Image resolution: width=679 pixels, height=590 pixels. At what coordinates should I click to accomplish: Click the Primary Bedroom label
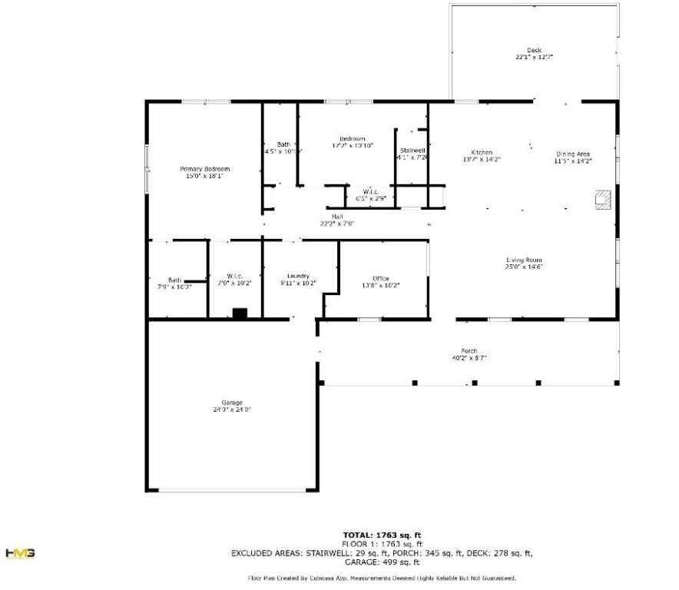click(x=204, y=169)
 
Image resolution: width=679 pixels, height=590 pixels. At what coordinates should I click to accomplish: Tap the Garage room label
click(x=232, y=403)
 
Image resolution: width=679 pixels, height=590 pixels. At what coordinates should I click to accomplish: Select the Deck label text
click(x=534, y=51)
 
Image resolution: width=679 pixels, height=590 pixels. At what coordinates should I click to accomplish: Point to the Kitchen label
click(x=482, y=152)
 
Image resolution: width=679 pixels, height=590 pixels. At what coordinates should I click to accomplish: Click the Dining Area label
click(x=572, y=154)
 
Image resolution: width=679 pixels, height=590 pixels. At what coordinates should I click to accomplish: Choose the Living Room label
click(x=524, y=260)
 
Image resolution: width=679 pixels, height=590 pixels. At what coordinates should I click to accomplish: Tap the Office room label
click(x=381, y=278)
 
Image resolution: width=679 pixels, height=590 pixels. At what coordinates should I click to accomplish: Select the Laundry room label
click(x=298, y=276)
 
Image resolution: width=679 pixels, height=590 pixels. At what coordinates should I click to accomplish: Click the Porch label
click(x=469, y=350)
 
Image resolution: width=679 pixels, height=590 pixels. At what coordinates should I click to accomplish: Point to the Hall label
click(x=336, y=217)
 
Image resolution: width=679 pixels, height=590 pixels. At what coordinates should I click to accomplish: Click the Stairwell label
click(x=412, y=150)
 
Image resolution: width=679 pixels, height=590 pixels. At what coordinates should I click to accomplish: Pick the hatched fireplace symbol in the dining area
click(x=602, y=199)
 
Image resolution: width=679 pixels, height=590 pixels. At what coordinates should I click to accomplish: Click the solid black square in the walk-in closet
click(x=240, y=313)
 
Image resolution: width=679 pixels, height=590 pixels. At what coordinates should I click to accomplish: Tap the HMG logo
click(x=19, y=553)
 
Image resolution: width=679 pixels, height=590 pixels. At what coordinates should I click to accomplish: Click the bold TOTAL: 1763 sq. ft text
click(x=382, y=535)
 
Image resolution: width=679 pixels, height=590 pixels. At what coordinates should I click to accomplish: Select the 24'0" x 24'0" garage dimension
click(x=232, y=410)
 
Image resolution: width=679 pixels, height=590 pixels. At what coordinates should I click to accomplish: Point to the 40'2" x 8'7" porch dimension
click(x=469, y=358)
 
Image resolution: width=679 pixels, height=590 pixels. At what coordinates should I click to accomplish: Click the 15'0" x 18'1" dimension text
click(x=204, y=176)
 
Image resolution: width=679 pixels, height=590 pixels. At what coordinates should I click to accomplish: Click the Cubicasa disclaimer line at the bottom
click(x=382, y=578)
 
